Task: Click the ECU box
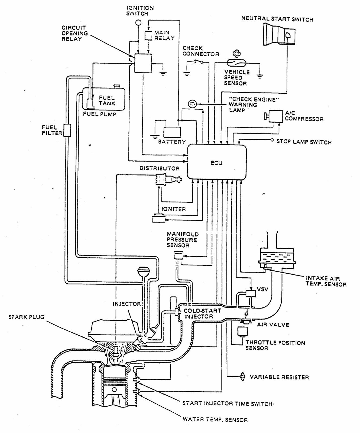click(217, 162)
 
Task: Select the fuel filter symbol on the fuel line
click(67, 130)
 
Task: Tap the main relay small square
click(148, 36)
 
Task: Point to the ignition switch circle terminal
click(138, 23)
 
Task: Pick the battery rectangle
click(172, 132)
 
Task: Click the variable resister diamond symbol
click(242, 376)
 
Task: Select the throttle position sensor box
click(242, 332)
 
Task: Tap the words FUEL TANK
click(107, 100)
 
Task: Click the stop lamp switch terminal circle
click(272, 140)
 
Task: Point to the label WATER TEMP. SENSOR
click(215, 420)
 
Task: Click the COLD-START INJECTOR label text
click(202, 313)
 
